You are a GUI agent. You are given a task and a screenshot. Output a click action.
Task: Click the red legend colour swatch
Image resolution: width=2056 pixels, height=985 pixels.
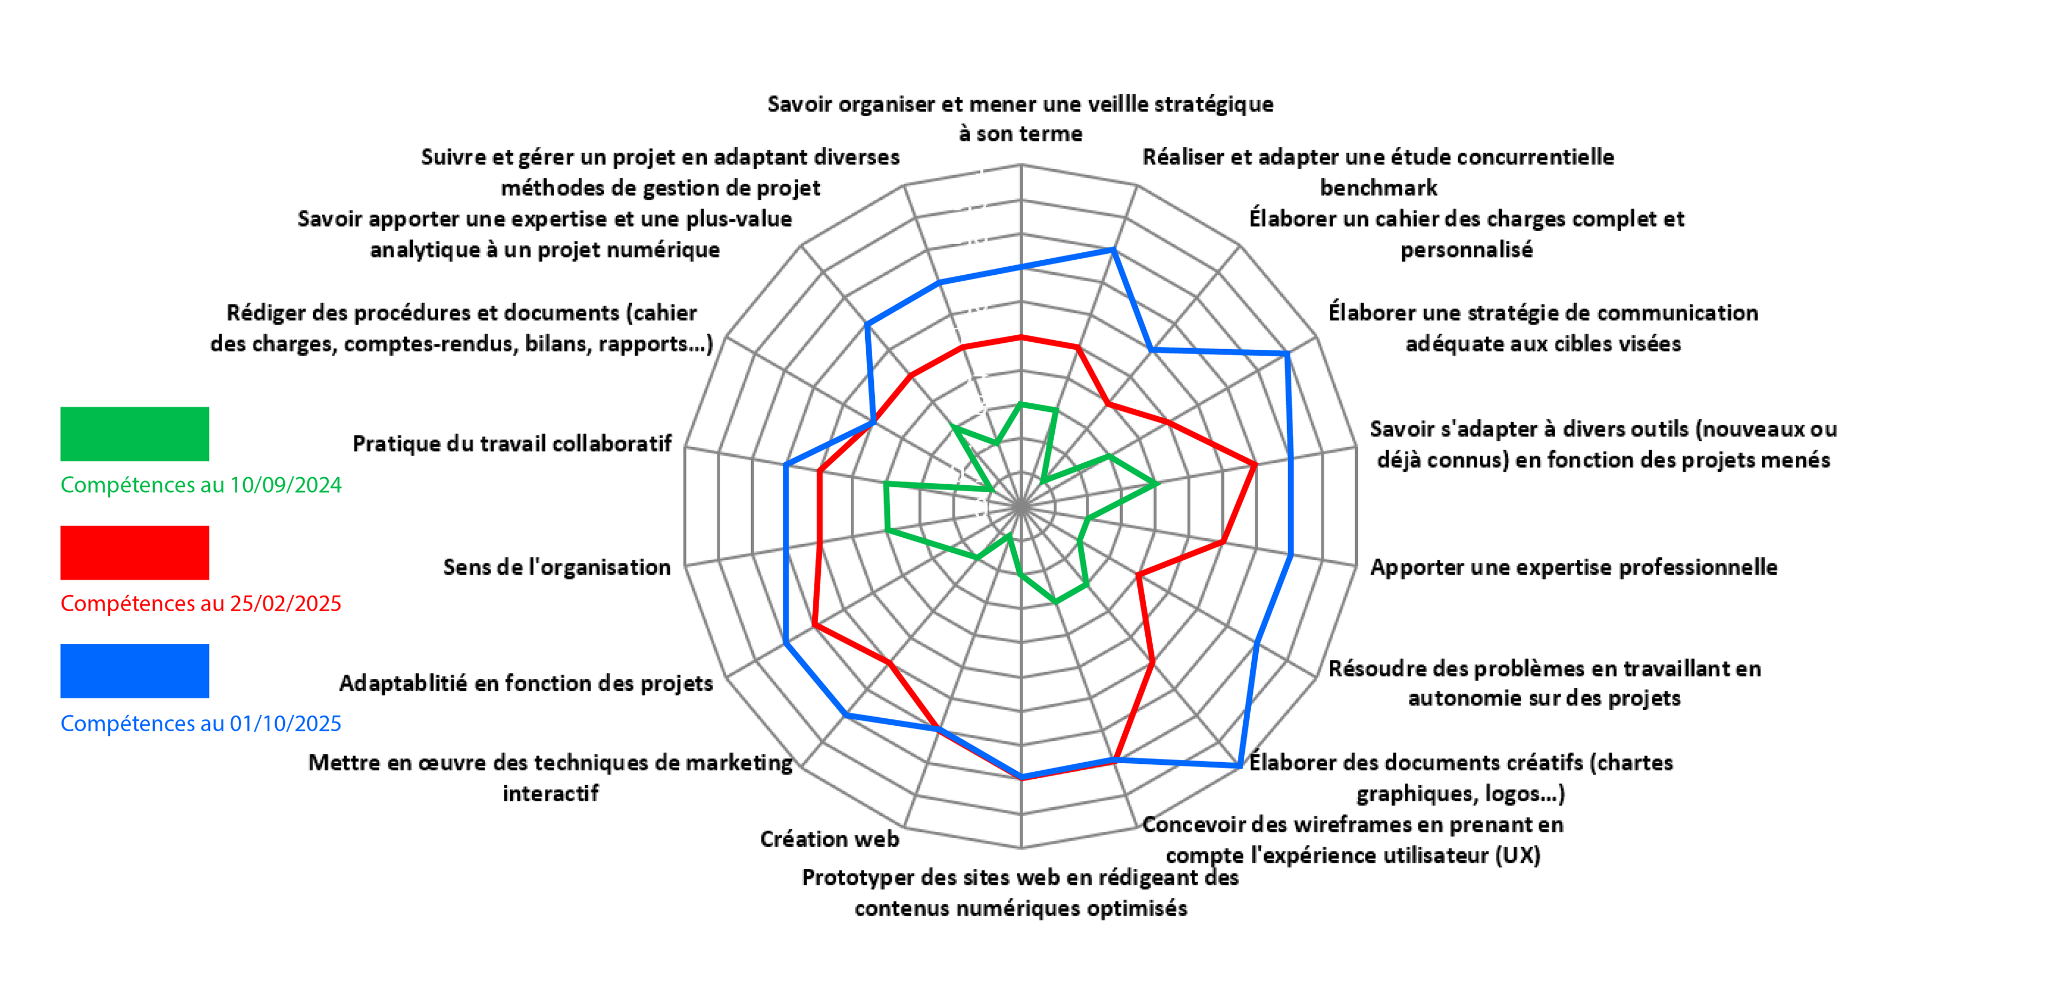click(x=134, y=552)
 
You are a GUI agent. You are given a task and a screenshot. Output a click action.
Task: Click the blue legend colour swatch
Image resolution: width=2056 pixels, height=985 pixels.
click(x=134, y=671)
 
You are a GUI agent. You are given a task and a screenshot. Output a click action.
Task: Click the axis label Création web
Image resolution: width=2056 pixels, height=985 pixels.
click(x=829, y=839)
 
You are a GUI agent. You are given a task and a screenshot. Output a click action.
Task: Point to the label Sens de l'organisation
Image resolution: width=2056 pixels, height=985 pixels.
click(x=556, y=567)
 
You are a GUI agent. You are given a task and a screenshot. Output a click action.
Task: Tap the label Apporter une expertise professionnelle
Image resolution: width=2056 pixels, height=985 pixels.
click(x=1573, y=567)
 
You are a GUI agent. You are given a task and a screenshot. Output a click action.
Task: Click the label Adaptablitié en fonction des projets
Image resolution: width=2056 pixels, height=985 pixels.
click(x=525, y=683)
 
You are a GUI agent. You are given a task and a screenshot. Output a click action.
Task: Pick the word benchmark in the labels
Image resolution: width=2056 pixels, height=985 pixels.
click(x=1378, y=187)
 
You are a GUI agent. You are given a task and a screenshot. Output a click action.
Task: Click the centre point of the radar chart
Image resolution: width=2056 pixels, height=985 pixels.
click(x=1021, y=506)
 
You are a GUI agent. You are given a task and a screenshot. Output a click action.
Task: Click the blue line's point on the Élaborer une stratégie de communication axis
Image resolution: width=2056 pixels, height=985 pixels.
click(x=1287, y=354)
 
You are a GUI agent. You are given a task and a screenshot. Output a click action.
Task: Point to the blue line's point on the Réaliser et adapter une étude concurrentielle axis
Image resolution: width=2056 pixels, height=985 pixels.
click(x=1113, y=250)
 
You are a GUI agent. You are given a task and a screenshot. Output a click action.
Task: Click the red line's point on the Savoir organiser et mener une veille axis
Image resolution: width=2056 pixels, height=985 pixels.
click(x=1021, y=337)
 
